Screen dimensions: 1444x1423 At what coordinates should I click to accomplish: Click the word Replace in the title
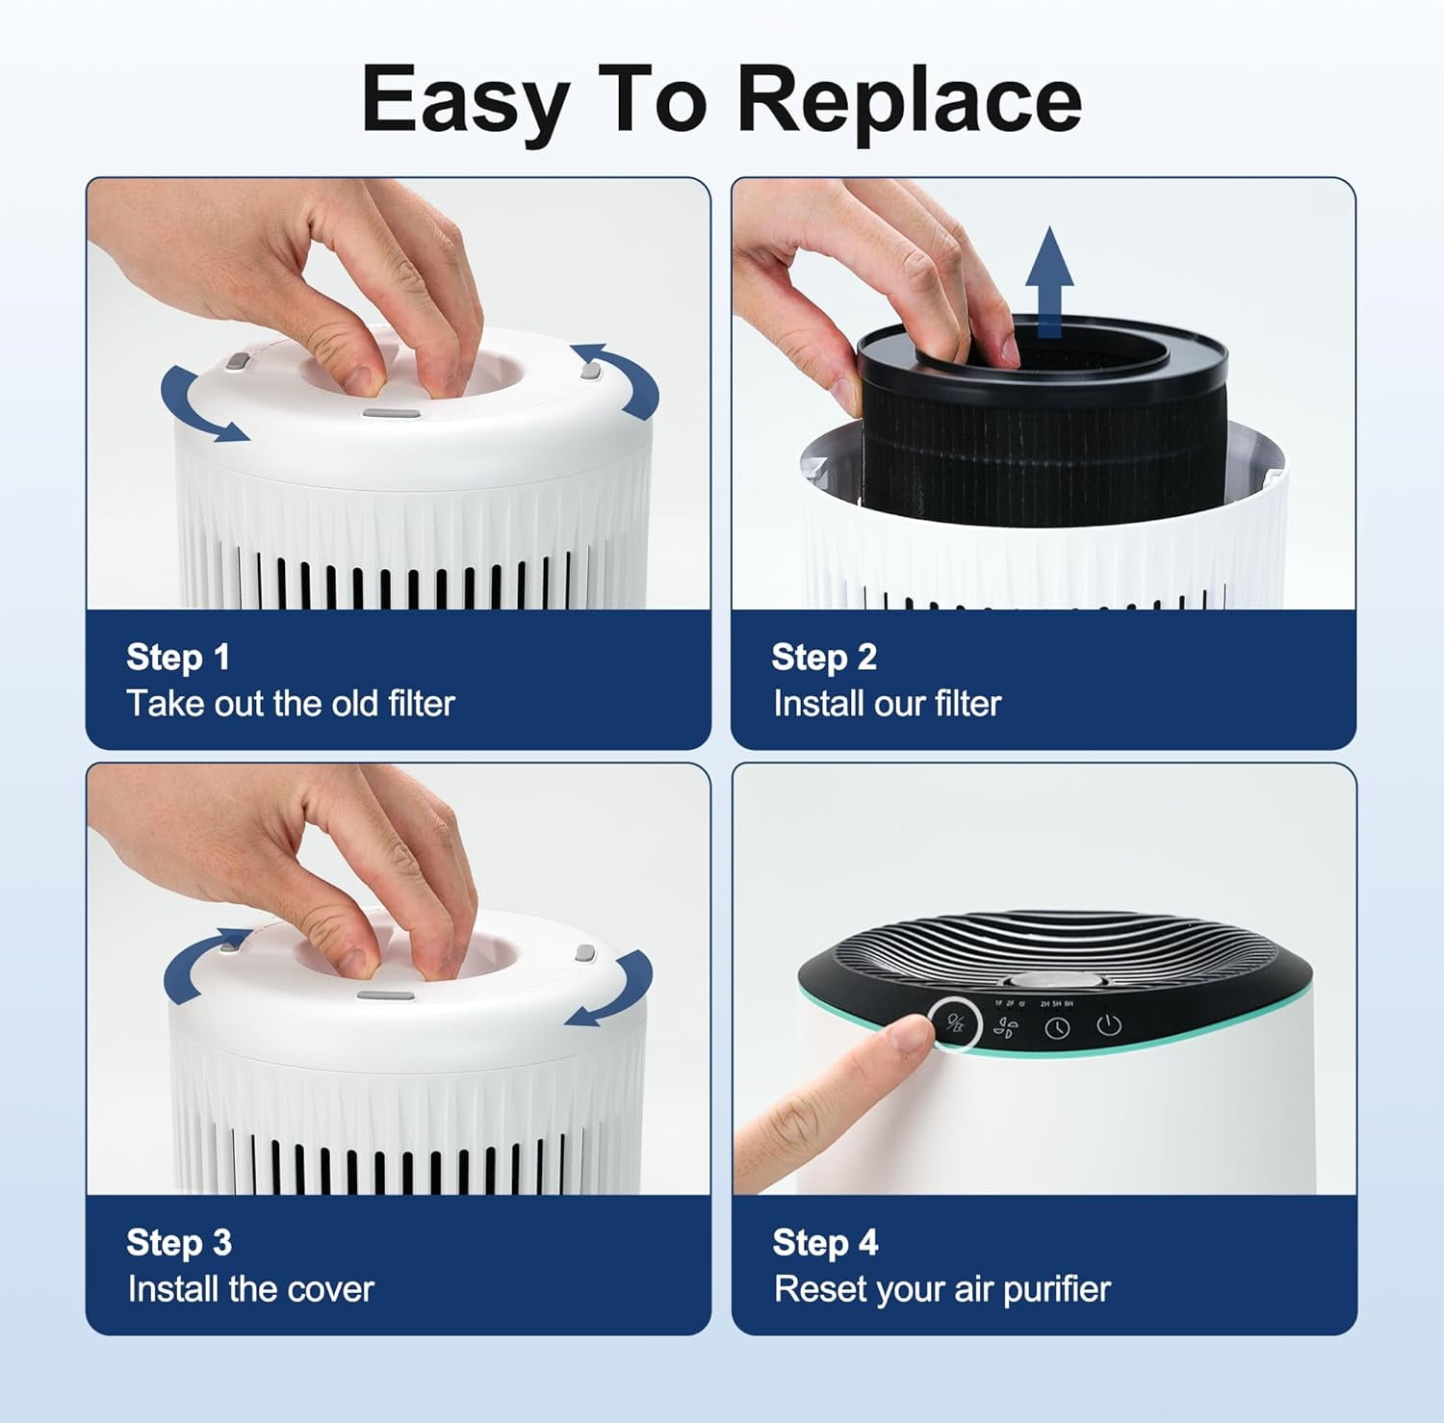click(x=909, y=100)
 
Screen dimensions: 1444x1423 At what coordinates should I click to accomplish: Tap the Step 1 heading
click(x=178, y=658)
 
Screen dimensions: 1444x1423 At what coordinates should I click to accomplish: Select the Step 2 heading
click(x=824, y=658)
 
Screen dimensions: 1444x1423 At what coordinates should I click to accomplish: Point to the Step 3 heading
click(x=179, y=1243)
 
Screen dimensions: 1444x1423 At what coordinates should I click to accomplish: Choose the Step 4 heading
click(x=825, y=1243)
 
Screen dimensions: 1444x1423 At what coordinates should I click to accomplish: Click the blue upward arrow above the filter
click(x=1049, y=281)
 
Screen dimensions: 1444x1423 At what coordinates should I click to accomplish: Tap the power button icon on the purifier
click(x=1109, y=1024)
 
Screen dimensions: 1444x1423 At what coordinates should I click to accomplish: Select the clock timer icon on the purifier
click(x=1057, y=1028)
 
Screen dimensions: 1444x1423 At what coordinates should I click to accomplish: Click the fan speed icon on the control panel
click(x=1005, y=1028)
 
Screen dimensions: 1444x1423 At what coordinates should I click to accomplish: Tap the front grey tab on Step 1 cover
click(x=391, y=414)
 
